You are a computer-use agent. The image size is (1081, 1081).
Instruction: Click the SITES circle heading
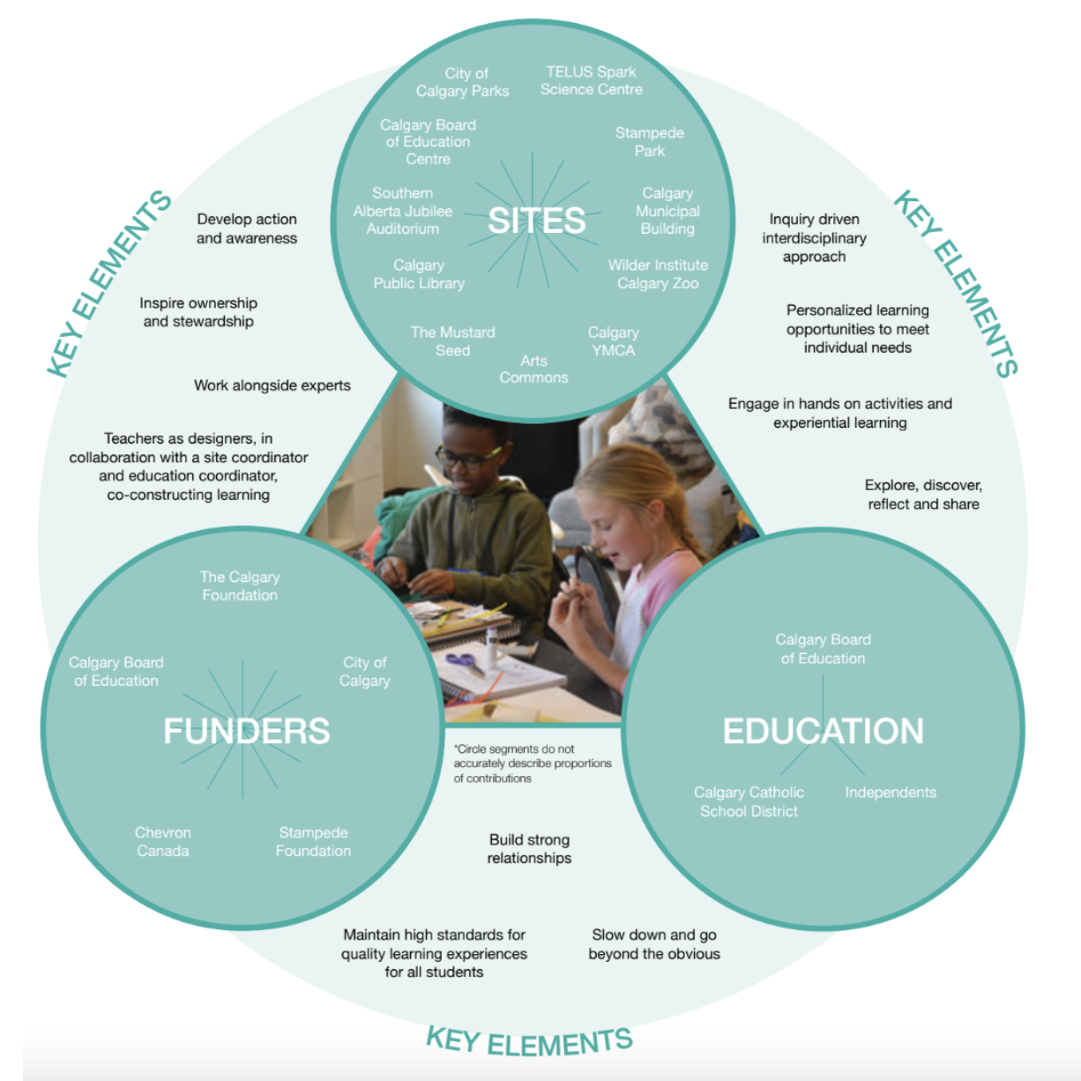[536, 220]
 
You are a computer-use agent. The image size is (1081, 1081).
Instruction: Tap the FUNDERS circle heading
[247, 731]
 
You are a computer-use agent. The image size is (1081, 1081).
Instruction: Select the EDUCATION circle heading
[824, 731]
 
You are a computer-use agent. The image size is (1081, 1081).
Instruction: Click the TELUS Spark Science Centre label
[591, 80]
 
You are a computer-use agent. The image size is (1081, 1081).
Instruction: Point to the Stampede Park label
[650, 142]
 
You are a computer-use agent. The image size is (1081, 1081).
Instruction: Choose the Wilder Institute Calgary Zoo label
[658, 274]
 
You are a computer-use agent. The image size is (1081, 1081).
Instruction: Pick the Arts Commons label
[533, 369]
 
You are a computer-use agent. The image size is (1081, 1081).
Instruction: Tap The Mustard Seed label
[452, 341]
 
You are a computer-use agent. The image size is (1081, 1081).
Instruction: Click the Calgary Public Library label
[419, 274]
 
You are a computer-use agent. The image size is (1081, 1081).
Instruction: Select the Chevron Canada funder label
[162, 842]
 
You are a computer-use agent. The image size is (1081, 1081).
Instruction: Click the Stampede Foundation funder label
[313, 842]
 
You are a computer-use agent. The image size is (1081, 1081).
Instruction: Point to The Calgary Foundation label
[240, 586]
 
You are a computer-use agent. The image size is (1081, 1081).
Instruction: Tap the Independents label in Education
[891, 793]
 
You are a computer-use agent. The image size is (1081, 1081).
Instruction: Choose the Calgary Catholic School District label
[749, 801]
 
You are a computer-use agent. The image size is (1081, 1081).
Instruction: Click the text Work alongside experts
[272, 385]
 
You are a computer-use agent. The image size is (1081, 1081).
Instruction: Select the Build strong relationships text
[529, 849]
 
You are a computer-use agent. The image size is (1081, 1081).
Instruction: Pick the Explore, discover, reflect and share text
[923, 495]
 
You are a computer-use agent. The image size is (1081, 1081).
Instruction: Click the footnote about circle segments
[532, 764]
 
